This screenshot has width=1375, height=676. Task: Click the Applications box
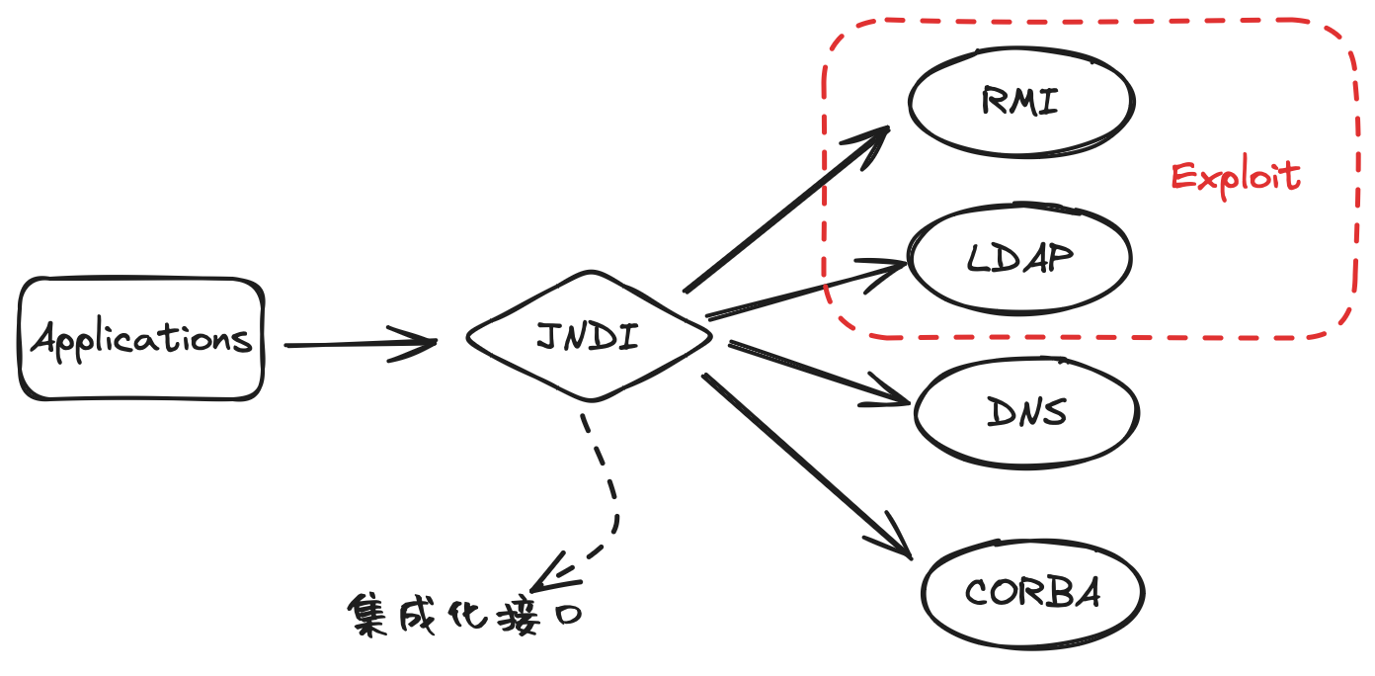[x=141, y=339]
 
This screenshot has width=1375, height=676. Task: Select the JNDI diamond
[x=589, y=337]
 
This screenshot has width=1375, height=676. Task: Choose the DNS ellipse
[x=1027, y=412]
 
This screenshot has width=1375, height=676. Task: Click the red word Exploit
[x=1236, y=177]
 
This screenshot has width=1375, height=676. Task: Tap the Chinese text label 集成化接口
[x=465, y=616]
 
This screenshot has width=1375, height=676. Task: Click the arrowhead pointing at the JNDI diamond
[x=420, y=343]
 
